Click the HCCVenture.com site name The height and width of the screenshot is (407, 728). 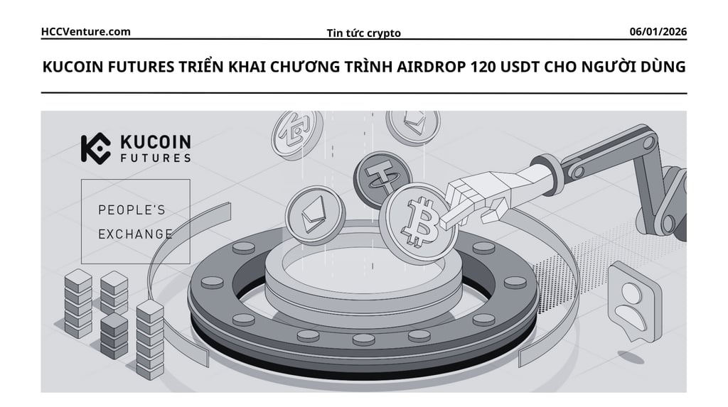click(x=86, y=31)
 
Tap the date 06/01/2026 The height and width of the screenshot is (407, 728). click(x=658, y=31)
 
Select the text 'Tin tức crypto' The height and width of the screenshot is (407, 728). click(x=363, y=33)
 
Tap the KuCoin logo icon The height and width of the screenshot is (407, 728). click(x=95, y=148)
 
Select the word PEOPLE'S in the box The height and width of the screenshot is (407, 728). click(x=132, y=210)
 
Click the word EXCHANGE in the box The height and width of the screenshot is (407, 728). click(x=135, y=233)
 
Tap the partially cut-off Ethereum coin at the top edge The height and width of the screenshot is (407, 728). click(x=412, y=125)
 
